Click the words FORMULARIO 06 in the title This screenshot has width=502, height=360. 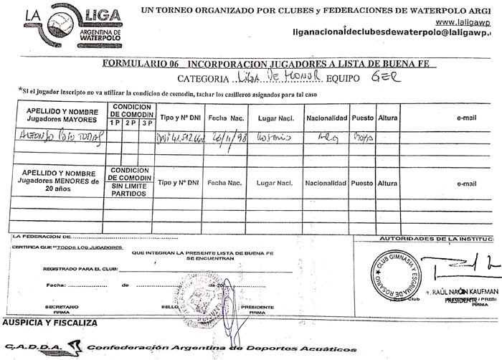click(141, 64)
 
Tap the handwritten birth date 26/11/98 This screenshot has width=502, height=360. click(226, 137)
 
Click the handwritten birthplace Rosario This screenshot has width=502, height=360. click(274, 137)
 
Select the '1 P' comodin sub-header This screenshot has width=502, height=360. click(114, 123)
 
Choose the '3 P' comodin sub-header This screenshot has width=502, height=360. click(146, 123)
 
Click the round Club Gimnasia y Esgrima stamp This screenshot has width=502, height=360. click(395, 275)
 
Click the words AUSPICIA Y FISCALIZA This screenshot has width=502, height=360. click(50, 323)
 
